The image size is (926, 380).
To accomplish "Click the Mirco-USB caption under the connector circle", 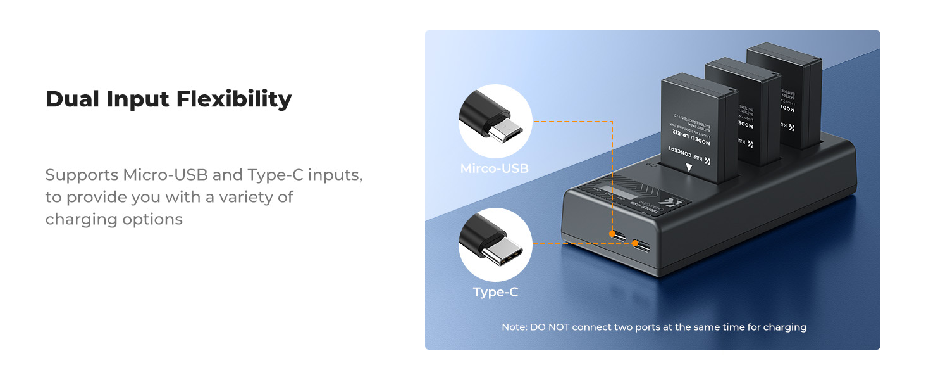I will [x=495, y=169].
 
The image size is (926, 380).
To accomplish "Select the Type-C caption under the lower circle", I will [x=495, y=292].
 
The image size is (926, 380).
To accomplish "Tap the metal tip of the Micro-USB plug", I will [x=510, y=130].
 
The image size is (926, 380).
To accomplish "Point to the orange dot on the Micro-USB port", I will [x=612, y=234].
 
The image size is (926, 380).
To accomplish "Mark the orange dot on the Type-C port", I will [x=634, y=243].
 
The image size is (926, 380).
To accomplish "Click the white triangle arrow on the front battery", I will [x=689, y=168].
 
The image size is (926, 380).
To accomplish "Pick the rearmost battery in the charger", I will [x=784, y=89].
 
